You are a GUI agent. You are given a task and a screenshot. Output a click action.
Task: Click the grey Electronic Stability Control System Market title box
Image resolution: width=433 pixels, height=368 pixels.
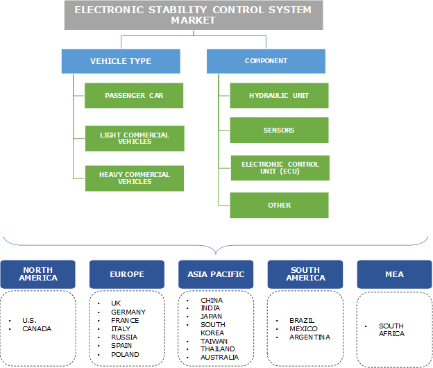[193, 15]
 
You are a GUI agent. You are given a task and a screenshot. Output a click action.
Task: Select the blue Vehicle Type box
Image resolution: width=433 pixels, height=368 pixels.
[121, 61]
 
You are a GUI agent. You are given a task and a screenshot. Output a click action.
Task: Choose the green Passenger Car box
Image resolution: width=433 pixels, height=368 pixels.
[134, 96]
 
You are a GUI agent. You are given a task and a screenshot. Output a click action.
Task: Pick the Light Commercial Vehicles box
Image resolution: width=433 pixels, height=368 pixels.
[134, 137]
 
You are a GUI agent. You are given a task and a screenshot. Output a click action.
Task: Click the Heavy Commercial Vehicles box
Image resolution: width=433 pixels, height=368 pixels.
[134, 178]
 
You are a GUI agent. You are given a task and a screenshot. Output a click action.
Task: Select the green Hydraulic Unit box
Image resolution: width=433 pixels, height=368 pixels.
[280, 96]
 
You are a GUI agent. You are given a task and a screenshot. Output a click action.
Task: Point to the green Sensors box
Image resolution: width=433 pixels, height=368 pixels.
[280, 131]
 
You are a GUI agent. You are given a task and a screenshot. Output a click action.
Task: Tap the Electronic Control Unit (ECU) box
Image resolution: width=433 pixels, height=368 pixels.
[280, 168]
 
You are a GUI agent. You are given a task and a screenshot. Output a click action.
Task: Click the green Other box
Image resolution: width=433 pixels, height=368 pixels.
[280, 206]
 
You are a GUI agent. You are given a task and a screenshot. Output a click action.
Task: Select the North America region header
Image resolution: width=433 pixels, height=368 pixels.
[39, 274]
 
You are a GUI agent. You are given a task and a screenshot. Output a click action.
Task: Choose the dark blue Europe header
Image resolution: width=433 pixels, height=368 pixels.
[127, 274]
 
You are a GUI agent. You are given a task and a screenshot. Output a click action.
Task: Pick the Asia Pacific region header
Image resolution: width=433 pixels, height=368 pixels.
[216, 274]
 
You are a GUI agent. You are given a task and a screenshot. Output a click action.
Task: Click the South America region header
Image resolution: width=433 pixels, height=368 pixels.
[305, 274]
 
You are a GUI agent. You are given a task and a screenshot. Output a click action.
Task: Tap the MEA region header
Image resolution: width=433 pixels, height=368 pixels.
[394, 274]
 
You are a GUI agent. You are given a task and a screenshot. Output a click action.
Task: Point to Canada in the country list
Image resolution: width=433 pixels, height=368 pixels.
[37, 328]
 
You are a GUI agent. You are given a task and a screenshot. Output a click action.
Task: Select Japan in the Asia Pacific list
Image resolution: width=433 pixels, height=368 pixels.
[212, 317]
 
